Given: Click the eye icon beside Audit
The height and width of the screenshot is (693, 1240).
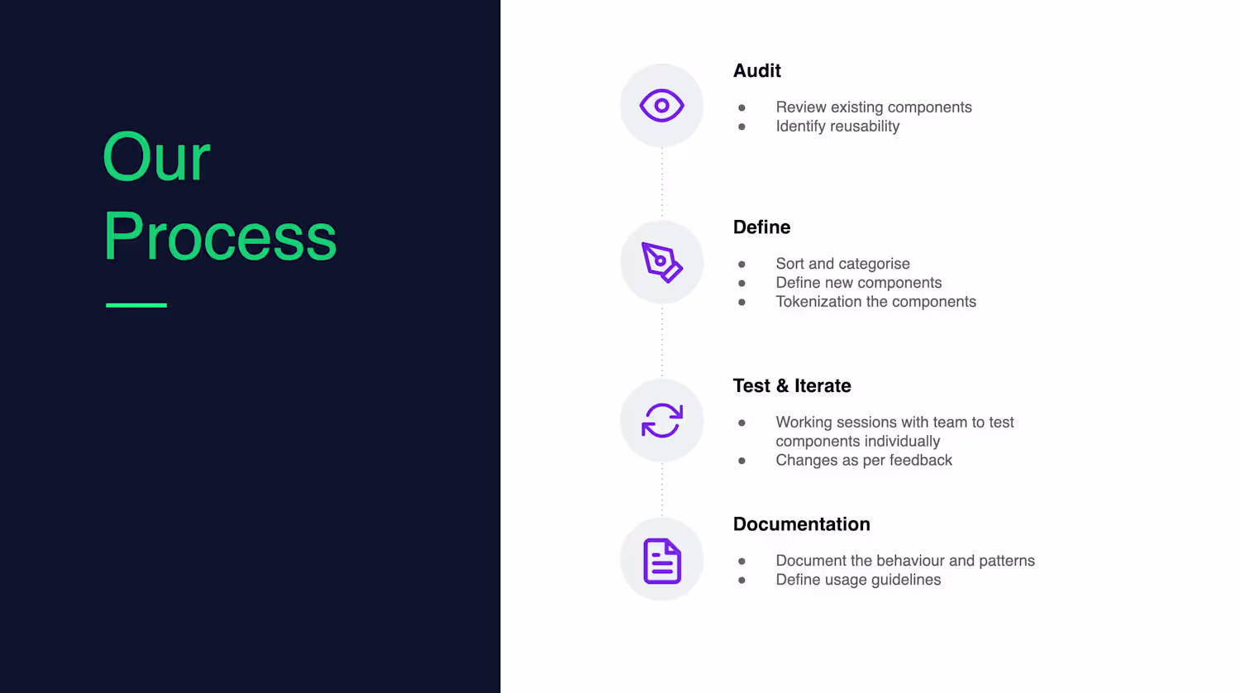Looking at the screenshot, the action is tap(661, 105).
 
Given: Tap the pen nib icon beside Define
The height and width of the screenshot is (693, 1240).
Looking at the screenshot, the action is tap(661, 262).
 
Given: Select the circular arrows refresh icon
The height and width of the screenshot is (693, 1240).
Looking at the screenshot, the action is tap(662, 420).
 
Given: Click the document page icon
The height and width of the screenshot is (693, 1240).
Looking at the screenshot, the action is tap(662, 561).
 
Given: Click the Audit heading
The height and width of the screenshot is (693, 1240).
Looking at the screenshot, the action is tap(756, 71).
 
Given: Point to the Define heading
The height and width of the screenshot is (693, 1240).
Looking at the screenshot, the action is tap(761, 227).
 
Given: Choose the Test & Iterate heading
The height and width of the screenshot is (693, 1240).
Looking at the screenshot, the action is tap(792, 385).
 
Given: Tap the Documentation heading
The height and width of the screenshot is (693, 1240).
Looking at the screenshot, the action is tap(802, 524).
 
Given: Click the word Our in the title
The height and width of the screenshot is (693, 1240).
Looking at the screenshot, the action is tap(157, 157).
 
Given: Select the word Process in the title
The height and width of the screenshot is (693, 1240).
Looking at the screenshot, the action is tap(220, 236).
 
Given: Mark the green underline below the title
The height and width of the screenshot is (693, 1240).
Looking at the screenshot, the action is tap(136, 304).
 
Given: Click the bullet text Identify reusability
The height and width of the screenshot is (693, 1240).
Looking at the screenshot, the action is tap(837, 127).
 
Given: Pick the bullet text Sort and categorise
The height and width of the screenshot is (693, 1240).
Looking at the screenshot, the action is tap(842, 264).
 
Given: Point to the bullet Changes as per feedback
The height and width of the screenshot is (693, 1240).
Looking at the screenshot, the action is tap(864, 461).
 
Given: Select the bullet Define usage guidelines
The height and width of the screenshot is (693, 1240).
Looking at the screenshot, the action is tap(858, 580).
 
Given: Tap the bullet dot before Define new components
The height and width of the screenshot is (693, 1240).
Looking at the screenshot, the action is tap(742, 283).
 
